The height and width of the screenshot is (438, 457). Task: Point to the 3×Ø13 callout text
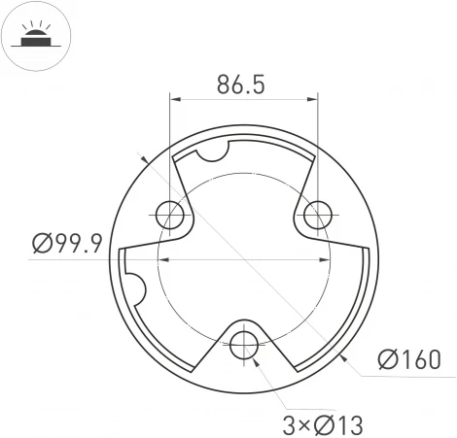coord(324,423)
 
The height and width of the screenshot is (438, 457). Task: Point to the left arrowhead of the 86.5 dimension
coord(176,97)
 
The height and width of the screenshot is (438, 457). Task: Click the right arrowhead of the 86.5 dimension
coord(312,97)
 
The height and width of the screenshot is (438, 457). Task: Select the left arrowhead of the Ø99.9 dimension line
coord(163,259)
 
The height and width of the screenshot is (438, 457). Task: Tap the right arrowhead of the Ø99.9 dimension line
coord(326,259)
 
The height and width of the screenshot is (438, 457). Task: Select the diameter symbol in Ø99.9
coord(41,243)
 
